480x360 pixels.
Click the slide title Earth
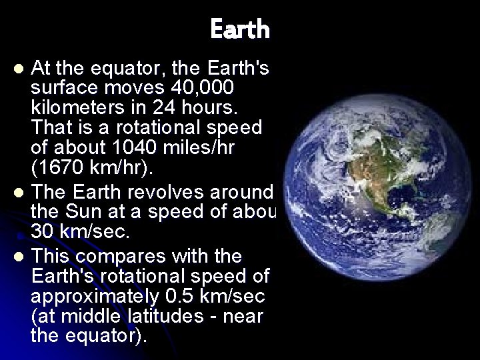tap(240, 29)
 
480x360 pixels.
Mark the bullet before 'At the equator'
tap(20, 68)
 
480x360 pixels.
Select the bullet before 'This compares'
tap(20, 257)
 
